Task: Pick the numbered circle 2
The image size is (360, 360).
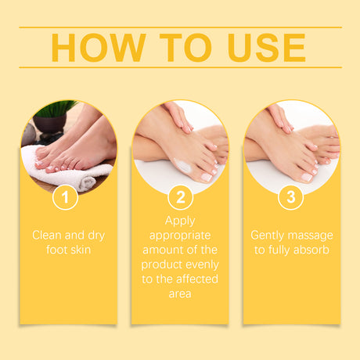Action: (x=180, y=197)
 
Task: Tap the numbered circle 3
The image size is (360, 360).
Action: (x=291, y=197)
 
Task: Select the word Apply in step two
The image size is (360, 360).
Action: (x=180, y=221)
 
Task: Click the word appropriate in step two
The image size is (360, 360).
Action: (x=180, y=235)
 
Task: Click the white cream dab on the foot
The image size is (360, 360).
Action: (x=182, y=165)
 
